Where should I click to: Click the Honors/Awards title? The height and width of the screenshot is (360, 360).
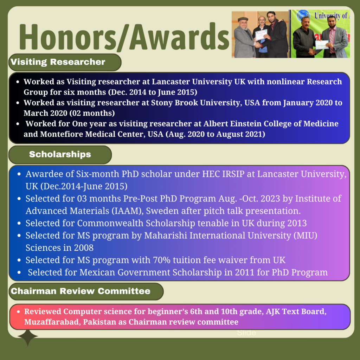pos(124,37)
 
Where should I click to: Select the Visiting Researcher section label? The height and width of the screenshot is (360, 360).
pos(58,62)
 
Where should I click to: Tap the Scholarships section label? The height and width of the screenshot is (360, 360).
pos(60,154)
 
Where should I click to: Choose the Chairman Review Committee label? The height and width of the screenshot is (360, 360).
pos(81,291)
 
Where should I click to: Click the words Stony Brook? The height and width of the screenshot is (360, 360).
pos(174,103)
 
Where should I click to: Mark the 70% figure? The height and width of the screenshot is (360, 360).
pos(162,260)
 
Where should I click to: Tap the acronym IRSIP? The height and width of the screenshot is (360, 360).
pos(233,174)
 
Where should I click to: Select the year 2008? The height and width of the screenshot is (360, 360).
pos(84,248)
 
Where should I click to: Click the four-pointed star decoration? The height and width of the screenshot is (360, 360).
pos(27,337)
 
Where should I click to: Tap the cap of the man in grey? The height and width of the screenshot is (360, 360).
pos(243,19)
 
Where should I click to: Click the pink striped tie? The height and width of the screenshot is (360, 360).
pos(332,40)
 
